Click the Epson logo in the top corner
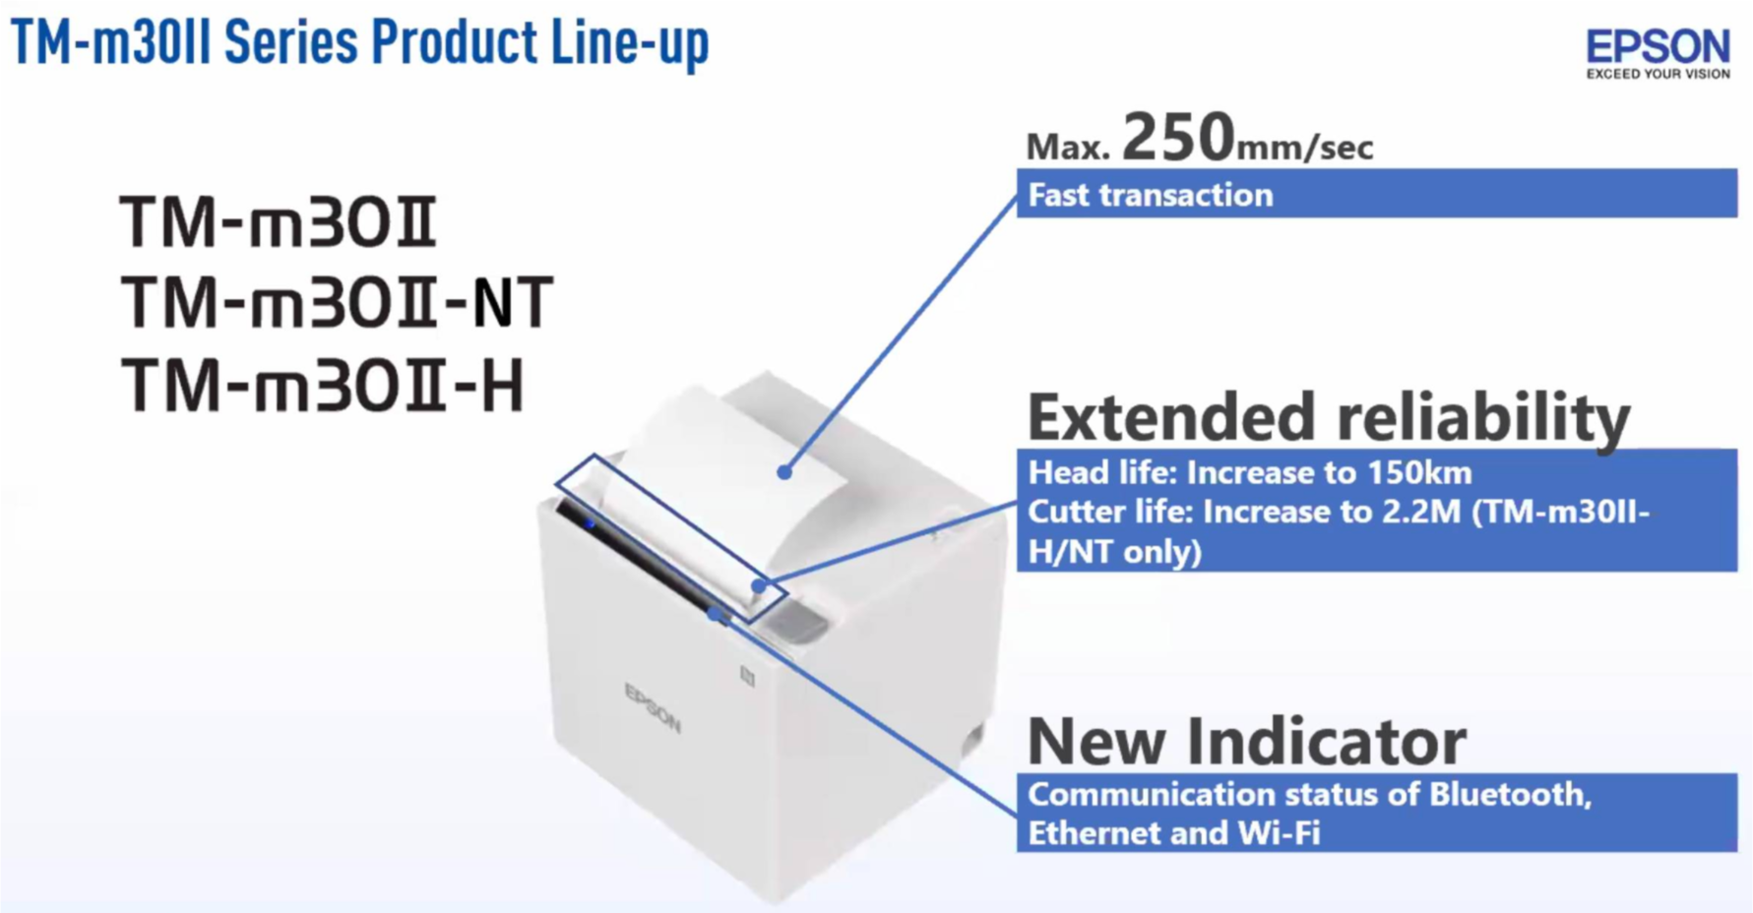1658,47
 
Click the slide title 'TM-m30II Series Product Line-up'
359,42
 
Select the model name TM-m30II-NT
337,303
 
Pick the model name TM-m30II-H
323,386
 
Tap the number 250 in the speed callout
1177,137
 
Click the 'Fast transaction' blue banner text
1150,195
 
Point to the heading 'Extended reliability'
1328,417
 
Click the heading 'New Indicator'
1246,741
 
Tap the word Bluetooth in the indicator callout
1509,794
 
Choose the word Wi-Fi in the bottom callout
1279,833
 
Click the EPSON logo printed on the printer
652,707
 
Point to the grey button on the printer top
792,622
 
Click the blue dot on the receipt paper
784,472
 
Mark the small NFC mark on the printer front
747,676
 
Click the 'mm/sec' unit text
1304,149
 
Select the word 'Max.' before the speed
1068,148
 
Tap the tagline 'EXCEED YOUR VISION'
1658,74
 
